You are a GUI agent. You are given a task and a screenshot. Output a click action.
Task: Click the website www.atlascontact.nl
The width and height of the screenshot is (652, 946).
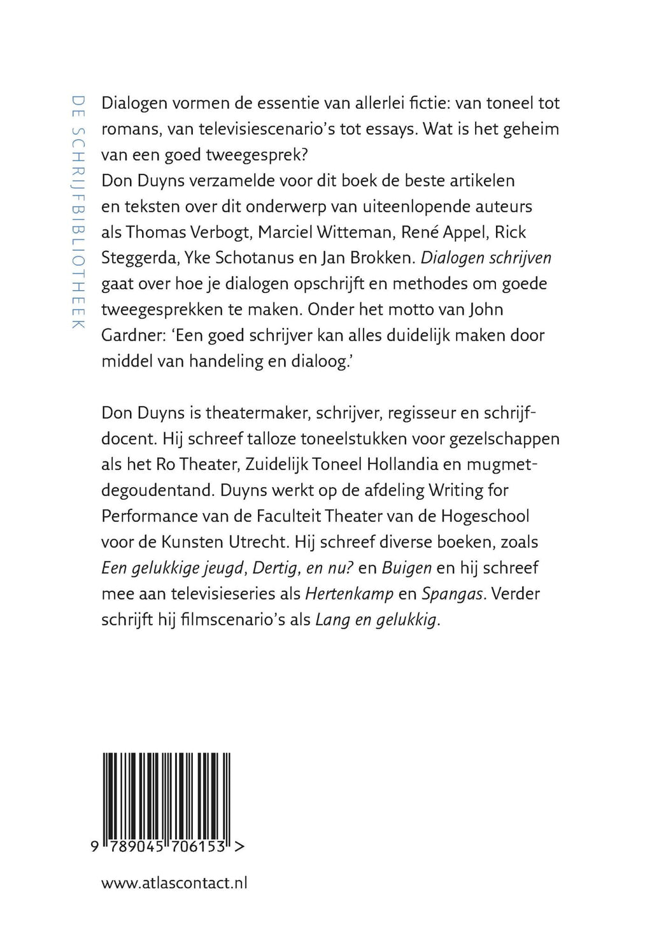coord(174,882)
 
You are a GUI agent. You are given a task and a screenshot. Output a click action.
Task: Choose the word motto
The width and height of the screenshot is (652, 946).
coord(418,309)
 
